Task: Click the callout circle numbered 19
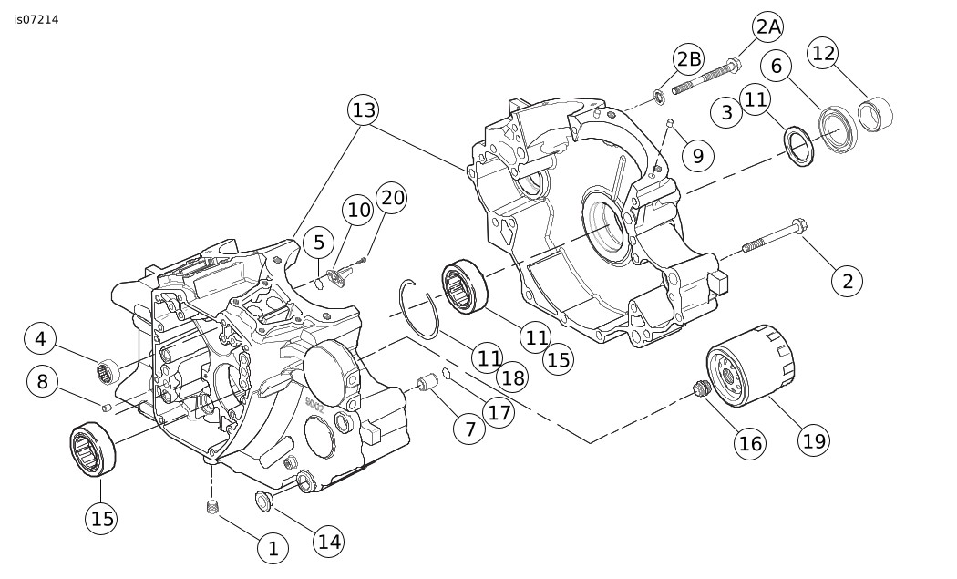(x=814, y=440)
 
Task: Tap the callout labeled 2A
(x=768, y=27)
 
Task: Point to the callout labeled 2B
(x=688, y=60)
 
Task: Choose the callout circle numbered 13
(x=363, y=111)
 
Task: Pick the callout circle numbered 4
(x=40, y=339)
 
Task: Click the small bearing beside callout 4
(x=108, y=370)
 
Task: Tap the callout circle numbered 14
(x=329, y=542)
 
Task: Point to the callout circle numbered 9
(x=697, y=155)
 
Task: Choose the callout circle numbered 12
(x=823, y=54)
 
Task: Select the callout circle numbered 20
(x=392, y=199)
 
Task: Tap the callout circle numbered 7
(x=469, y=429)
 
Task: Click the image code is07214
(x=36, y=18)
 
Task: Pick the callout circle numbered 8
(x=42, y=380)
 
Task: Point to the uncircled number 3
(x=726, y=113)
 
